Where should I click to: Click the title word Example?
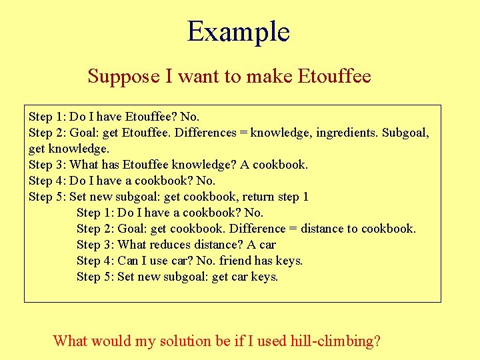pyautogui.click(x=239, y=32)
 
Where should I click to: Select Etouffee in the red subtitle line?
pyautogui.click(x=335, y=76)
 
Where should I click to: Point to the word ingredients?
pyautogui.click(x=346, y=133)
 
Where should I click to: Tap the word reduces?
pyautogui.click(x=175, y=245)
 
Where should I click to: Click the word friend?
pyautogui.click(x=237, y=261)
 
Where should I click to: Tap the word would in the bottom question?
pyautogui.click(x=109, y=341)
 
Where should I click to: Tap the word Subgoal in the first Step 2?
pyautogui.click(x=406, y=133)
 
